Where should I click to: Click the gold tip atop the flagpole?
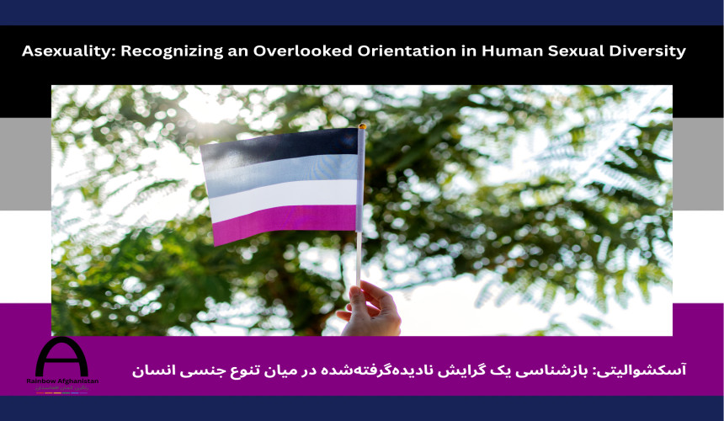[x=362, y=127]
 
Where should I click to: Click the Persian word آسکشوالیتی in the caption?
[x=649, y=370]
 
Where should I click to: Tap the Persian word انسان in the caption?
[x=152, y=370]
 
